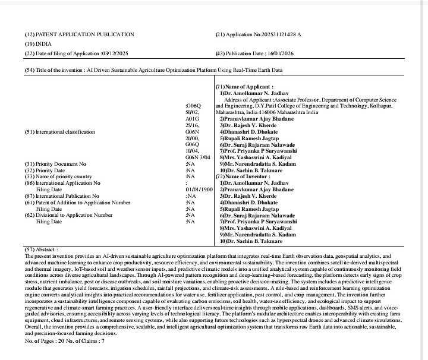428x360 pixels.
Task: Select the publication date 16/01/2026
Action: pyautogui.click(x=285, y=54)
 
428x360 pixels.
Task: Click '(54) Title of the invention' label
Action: pyautogui.click(x=59, y=71)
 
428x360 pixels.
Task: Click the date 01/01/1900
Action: pyautogui.click(x=199, y=173)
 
